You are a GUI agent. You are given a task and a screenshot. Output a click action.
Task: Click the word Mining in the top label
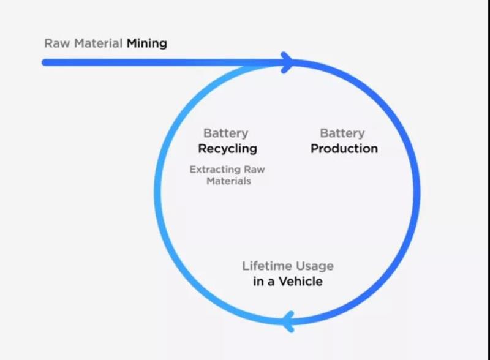point(147,44)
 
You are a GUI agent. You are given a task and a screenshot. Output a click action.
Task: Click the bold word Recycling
point(227,149)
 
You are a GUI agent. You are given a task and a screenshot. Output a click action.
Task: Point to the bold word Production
point(344,149)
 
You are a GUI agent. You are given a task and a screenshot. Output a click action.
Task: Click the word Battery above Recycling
point(226,133)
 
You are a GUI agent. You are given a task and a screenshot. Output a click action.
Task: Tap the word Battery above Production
point(342,133)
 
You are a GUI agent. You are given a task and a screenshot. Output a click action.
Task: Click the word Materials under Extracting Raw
point(228,181)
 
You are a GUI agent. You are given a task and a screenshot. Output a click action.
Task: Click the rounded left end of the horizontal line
point(45,62)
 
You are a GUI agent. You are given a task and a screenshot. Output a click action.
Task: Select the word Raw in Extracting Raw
point(254,170)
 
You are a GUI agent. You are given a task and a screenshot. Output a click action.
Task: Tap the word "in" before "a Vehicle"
point(258,282)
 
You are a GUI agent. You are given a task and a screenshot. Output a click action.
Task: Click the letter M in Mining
point(132,44)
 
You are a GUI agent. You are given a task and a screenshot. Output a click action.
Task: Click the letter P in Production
point(315,149)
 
